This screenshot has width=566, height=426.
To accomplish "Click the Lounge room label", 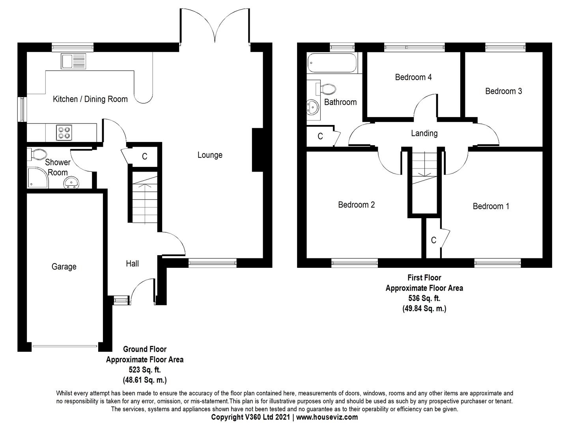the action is pyautogui.click(x=210, y=155).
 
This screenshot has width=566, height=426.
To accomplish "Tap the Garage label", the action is pyautogui.click(x=64, y=266).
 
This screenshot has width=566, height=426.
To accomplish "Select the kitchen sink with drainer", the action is pyautogui.click(x=73, y=61).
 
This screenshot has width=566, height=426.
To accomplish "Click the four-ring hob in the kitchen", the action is pyautogui.click(x=64, y=133).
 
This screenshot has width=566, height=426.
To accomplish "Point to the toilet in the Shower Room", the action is pyautogui.click(x=36, y=154).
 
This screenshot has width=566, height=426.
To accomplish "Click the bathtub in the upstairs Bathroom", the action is pyautogui.click(x=332, y=63).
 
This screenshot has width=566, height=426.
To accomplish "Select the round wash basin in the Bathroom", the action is pyautogui.click(x=313, y=107).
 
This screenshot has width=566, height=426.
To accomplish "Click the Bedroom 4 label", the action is pyautogui.click(x=413, y=77).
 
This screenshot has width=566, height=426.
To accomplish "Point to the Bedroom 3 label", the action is pyautogui.click(x=504, y=91).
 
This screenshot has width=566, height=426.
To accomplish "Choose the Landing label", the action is pyautogui.click(x=424, y=133).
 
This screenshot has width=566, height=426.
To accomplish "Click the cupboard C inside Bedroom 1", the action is pyautogui.click(x=434, y=240).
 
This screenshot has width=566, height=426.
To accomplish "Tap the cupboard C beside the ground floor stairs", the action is pyautogui.click(x=144, y=156).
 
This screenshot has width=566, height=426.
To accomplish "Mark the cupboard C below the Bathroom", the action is pyautogui.click(x=320, y=136).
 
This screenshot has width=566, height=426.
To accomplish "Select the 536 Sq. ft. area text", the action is pyautogui.click(x=424, y=298).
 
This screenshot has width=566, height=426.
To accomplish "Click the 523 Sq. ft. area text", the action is pyautogui.click(x=145, y=370).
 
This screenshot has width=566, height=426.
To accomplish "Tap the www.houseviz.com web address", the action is pyautogui.click(x=327, y=417).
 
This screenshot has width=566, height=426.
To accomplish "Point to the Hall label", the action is pyautogui.click(x=132, y=263).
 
